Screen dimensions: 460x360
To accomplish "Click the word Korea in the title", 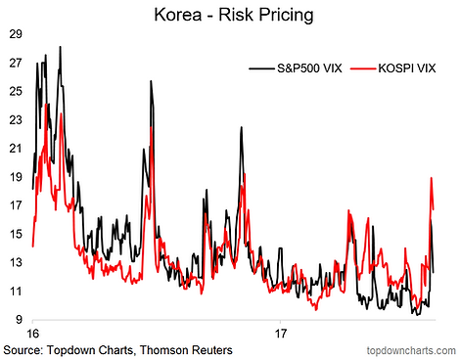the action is [x=178, y=15].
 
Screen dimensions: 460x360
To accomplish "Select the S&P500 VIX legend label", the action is [x=309, y=68].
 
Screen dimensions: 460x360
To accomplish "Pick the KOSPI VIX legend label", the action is [x=407, y=68].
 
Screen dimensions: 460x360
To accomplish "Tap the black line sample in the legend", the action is [x=261, y=68].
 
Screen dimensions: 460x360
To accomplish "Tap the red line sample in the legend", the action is [x=363, y=68].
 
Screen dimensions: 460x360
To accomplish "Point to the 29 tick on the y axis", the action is [x=16, y=34].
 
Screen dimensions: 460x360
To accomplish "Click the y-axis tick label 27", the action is [x=16, y=63].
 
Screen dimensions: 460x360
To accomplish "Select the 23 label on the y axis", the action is [x=16, y=119].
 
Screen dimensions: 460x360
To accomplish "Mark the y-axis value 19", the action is [x=16, y=177].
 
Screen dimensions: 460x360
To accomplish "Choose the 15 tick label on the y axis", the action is [x=16, y=234].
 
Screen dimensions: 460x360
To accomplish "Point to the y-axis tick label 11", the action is [x=16, y=291].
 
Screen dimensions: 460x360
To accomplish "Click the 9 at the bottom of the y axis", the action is [x=19, y=319].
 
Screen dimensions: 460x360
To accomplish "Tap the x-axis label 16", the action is [x=32, y=334].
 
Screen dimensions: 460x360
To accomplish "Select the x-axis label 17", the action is [x=281, y=334].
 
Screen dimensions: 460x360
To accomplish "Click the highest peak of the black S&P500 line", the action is [x=60, y=47].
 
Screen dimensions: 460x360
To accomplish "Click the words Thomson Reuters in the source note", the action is [x=186, y=350].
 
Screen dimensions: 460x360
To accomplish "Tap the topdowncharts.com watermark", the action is [x=411, y=351].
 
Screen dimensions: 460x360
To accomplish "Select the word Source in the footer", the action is [x=23, y=350].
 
